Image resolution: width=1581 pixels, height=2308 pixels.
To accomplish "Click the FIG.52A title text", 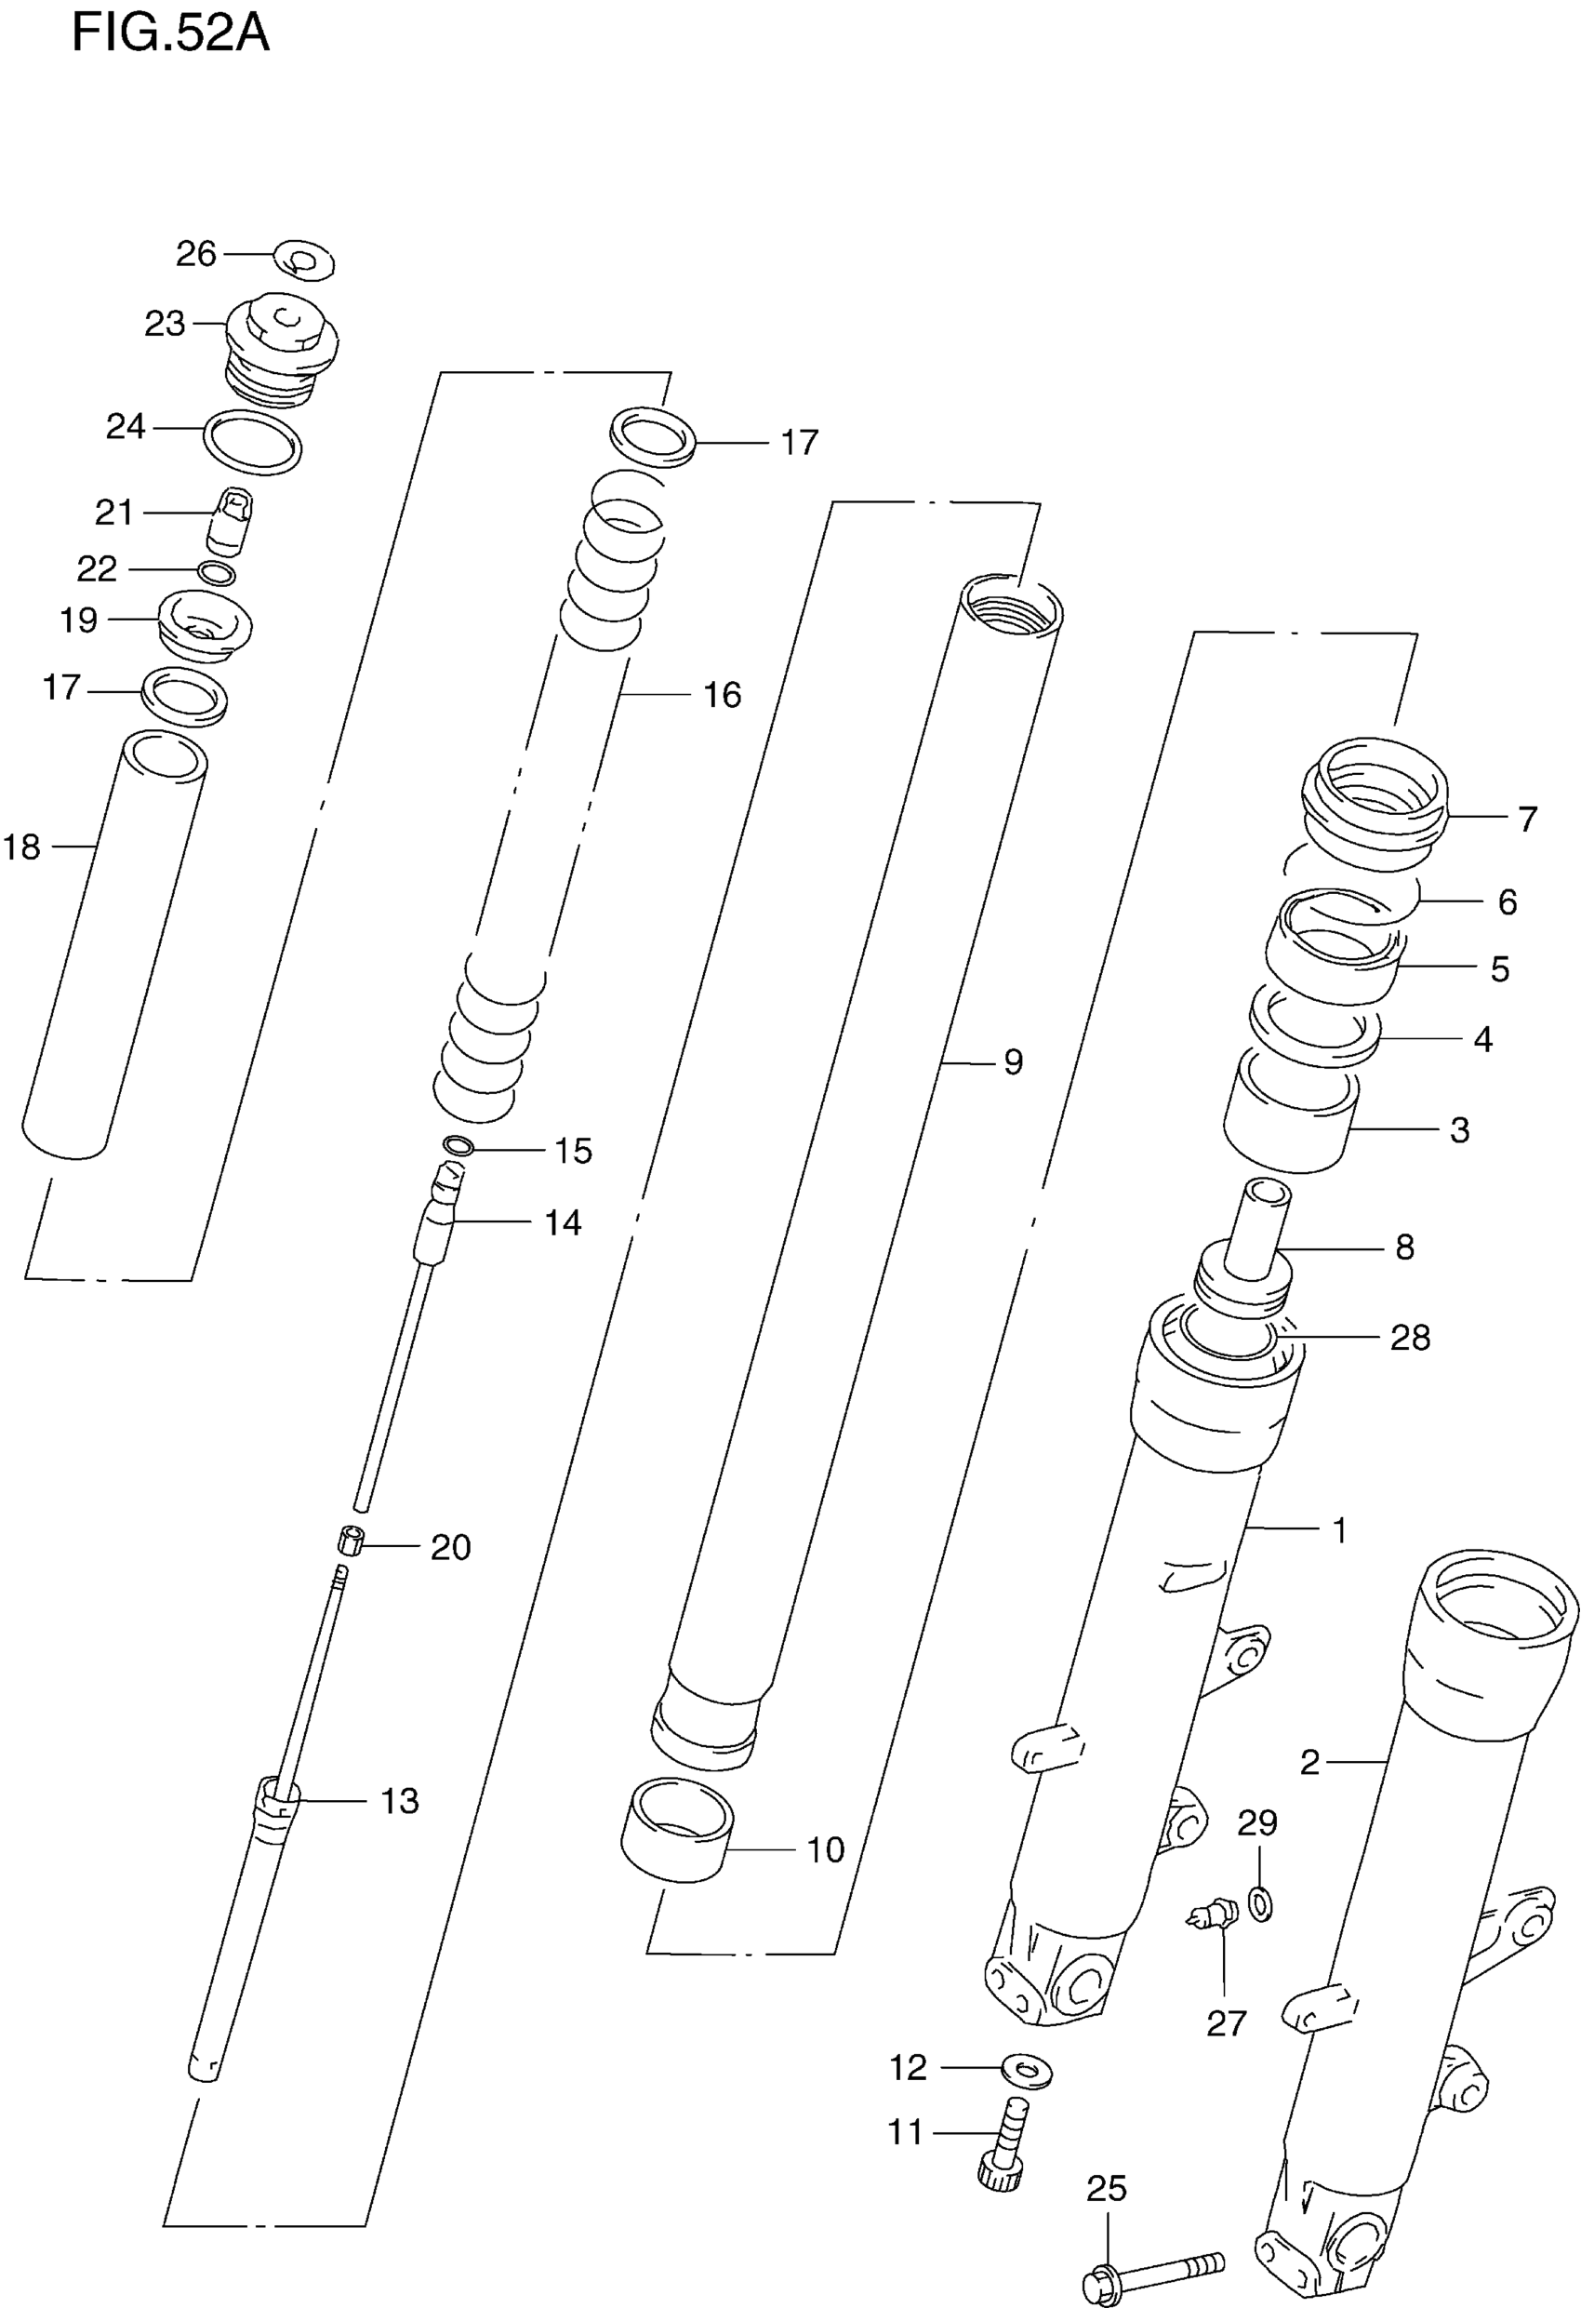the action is (170, 33).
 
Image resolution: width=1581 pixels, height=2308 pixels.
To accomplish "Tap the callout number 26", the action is (195, 254).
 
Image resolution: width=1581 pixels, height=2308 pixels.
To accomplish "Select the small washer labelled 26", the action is (304, 260).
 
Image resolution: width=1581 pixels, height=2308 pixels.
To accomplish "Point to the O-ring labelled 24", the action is (252, 441).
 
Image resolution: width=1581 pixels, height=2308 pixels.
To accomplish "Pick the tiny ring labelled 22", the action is (217, 573).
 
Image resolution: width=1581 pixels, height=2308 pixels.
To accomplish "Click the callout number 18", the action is (21, 847).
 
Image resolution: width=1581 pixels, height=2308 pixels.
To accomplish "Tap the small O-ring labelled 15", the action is (458, 1146).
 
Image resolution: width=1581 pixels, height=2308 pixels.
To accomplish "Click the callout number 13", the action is (400, 1800).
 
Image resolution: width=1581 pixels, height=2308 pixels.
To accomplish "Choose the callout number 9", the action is (1012, 1062).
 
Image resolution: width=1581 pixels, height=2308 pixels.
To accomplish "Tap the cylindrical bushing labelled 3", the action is (1289, 1117).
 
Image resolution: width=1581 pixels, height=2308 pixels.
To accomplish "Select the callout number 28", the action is (1409, 1338).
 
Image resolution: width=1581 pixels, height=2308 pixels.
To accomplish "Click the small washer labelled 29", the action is (1260, 1904).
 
